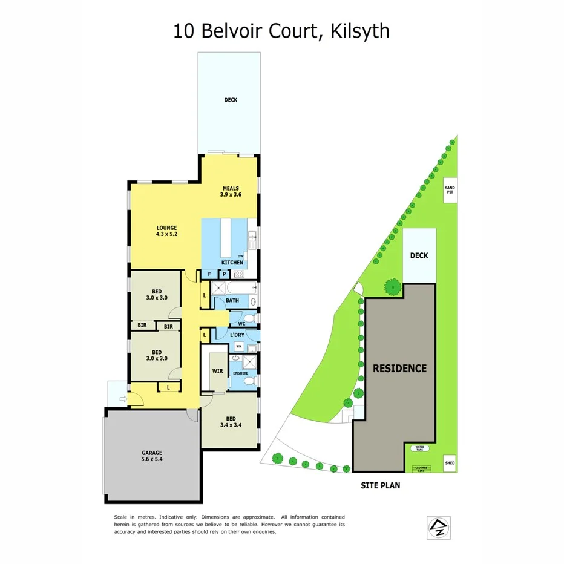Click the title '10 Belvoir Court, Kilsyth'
[x=281, y=30]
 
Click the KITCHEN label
[x=232, y=263]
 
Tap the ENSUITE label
[x=241, y=373]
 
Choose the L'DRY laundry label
[x=237, y=335]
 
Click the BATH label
[x=232, y=300]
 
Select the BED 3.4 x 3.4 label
[x=230, y=422]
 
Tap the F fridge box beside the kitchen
[x=209, y=274]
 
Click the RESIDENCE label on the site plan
[x=399, y=368]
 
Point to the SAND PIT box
[x=450, y=189]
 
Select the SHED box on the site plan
[x=449, y=464]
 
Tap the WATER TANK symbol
[x=419, y=448]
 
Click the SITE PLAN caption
[x=380, y=485]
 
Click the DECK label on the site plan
[x=419, y=255]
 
